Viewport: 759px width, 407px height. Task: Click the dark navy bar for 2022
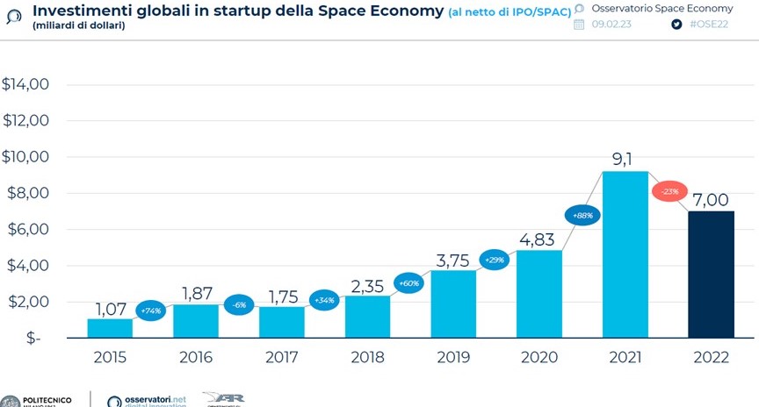pyautogui.click(x=711, y=274)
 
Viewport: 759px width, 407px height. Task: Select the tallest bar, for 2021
pyautogui.click(x=625, y=254)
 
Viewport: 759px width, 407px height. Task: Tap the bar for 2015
pyautogui.click(x=110, y=328)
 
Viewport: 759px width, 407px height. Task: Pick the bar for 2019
pyautogui.click(x=453, y=303)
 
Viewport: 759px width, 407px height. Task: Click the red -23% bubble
pyautogui.click(x=669, y=191)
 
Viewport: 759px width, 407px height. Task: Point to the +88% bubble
pyautogui.click(x=582, y=215)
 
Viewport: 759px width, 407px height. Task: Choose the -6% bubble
pyautogui.click(x=239, y=304)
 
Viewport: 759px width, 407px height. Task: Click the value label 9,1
pyautogui.click(x=625, y=158)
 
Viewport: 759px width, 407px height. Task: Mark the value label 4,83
pyautogui.click(x=539, y=237)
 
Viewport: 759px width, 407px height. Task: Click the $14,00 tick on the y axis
pyautogui.click(x=25, y=85)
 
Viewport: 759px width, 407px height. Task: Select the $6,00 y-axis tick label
pyautogui.click(x=27, y=230)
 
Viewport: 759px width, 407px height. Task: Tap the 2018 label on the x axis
pyautogui.click(x=367, y=359)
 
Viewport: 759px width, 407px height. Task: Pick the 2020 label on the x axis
pyautogui.click(x=539, y=359)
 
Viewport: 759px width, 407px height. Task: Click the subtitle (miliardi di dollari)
pyautogui.click(x=79, y=26)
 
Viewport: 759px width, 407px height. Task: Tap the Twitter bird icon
pyautogui.click(x=676, y=25)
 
